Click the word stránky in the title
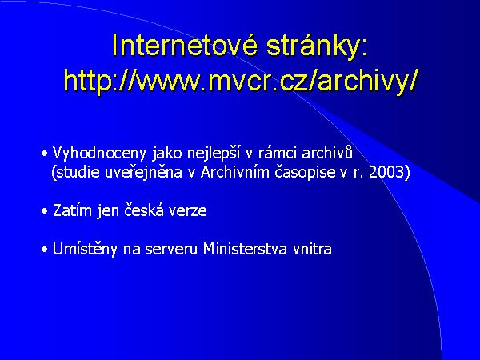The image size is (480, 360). point(313,46)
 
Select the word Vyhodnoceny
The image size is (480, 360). point(89,152)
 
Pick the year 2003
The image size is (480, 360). point(391,171)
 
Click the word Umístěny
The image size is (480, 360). point(84,249)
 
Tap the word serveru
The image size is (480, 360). point(170,249)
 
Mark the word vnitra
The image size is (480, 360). point(312,249)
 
